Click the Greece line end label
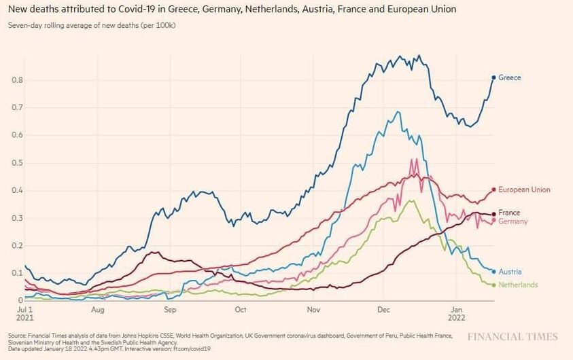[x=510, y=78]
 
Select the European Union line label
[x=524, y=190]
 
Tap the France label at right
[x=509, y=213]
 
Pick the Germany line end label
[x=513, y=222]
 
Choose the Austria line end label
[x=510, y=272]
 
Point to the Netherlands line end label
[x=518, y=285]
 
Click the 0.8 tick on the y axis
[x=17, y=80]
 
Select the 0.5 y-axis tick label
[x=17, y=163]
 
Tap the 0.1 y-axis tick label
[x=17, y=273]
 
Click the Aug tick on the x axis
[x=97, y=310]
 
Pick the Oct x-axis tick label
[x=239, y=310]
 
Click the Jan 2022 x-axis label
[x=457, y=314]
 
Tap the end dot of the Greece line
[x=493, y=77]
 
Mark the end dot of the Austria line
[x=493, y=272]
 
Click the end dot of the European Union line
[x=493, y=190]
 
